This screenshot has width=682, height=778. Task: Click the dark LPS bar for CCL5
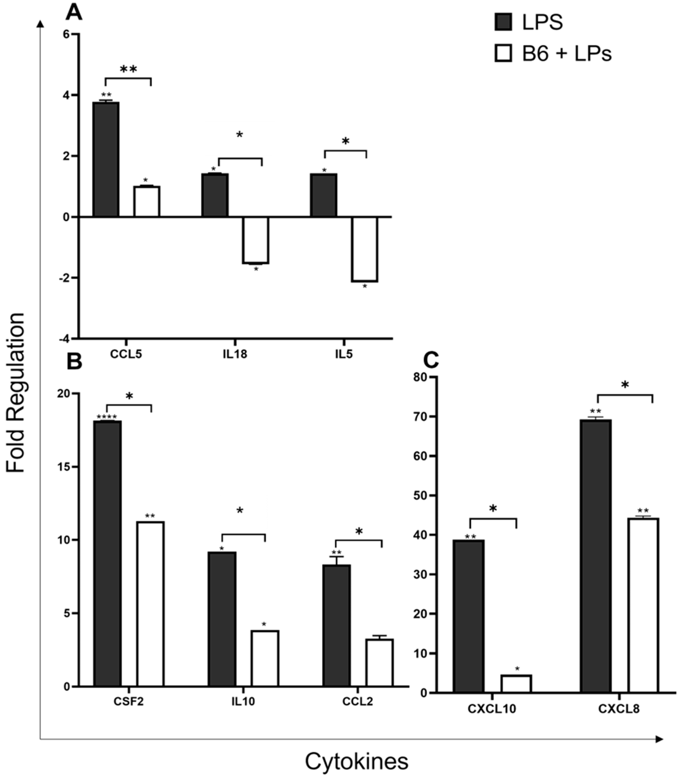[106, 159]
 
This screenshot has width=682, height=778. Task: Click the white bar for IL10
[265, 658]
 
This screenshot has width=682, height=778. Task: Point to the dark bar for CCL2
[336, 625]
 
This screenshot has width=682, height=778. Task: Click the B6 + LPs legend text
[566, 53]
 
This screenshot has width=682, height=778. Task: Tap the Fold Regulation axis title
[15, 393]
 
